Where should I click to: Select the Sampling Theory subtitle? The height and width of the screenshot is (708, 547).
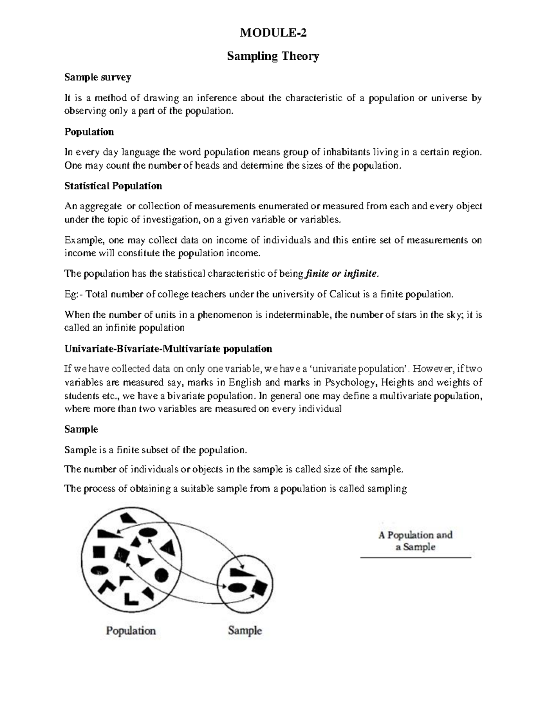(273, 56)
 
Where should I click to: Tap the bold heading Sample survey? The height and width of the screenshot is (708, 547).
(98, 77)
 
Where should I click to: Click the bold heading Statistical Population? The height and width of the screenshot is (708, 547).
(113, 186)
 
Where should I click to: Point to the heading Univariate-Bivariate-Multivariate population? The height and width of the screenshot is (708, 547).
(168, 349)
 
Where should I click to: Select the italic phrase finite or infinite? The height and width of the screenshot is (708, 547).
(341, 274)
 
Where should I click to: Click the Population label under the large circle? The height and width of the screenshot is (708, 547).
(131, 631)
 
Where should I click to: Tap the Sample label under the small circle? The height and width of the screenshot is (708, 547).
(245, 631)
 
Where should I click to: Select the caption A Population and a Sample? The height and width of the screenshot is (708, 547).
(415, 541)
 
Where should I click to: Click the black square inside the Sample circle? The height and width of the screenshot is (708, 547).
(260, 587)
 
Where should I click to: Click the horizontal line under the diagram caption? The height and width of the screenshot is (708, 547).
(415, 558)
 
